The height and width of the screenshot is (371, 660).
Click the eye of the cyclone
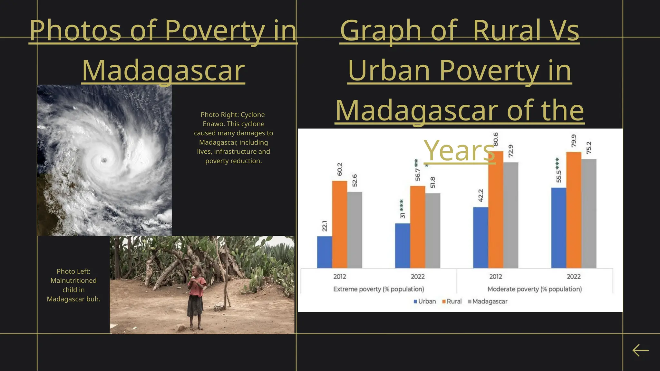tap(104, 160)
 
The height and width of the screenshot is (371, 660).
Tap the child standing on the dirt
tap(196, 296)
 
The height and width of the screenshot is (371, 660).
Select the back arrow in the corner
tap(640, 350)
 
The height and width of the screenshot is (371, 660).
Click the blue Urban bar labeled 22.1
tap(325, 252)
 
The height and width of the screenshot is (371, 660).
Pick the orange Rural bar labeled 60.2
tap(340, 224)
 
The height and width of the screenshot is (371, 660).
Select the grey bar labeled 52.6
tap(354, 230)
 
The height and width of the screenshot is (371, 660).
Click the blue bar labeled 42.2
tap(480, 238)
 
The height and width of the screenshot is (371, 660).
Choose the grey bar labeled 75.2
tap(589, 214)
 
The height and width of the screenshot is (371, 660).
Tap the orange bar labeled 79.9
tap(574, 210)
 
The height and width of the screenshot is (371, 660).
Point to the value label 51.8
tap(433, 183)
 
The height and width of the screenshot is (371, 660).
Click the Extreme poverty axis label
tap(378, 289)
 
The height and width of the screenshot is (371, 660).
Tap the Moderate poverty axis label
tap(535, 289)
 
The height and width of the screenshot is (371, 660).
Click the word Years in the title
tap(459, 150)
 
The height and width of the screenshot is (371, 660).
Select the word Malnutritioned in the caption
tap(73, 281)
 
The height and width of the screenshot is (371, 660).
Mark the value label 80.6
tap(496, 139)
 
